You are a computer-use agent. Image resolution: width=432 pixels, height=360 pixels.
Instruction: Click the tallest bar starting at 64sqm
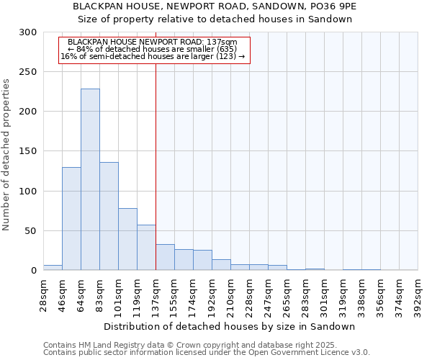(90, 179)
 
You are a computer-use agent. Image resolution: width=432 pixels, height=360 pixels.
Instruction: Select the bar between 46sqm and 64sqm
(71, 219)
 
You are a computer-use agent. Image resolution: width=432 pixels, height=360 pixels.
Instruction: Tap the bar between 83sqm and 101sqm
(109, 216)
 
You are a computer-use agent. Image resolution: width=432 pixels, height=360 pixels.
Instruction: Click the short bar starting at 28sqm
(53, 267)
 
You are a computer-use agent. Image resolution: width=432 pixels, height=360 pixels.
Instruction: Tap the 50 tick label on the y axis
(31, 231)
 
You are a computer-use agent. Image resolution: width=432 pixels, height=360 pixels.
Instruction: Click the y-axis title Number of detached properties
(8, 155)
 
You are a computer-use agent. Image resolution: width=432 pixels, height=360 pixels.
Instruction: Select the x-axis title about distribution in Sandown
(234, 326)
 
